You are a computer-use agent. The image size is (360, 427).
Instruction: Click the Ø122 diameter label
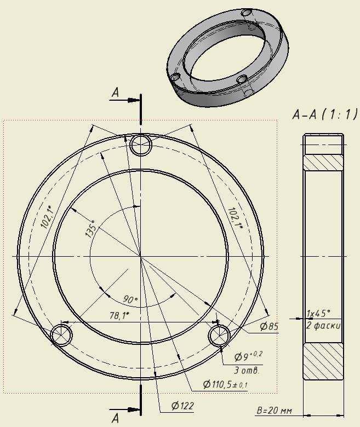click(182, 406)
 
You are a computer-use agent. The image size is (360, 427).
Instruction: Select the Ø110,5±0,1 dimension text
click(225, 384)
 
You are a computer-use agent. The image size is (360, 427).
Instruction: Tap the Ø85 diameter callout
click(269, 326)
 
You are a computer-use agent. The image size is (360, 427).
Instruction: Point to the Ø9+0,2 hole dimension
click(248, 356)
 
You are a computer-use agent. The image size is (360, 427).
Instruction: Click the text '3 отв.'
click(247, 371)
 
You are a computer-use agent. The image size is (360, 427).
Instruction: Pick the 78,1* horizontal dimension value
click(119, 316)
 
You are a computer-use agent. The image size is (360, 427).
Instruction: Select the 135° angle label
click(91, 229)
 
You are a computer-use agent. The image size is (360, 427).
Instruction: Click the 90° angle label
click(130, 299)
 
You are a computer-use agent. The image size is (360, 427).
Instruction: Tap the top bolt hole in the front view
click(141, 145)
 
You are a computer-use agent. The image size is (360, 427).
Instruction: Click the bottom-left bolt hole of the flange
click(61, 334)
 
